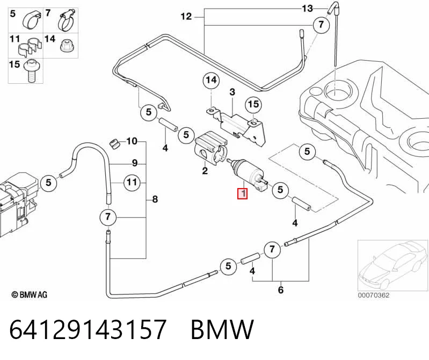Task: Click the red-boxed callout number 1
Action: point(243,194)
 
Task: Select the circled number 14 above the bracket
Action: point(211,81)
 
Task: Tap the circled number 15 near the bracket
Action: point(253,105)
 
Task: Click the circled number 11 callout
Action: point(132,182)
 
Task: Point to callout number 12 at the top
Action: point(186,17)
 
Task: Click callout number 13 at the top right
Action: point(307,9)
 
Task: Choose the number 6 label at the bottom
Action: point(281,290)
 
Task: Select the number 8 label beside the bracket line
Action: point(155,199)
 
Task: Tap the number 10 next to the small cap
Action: point(132,141)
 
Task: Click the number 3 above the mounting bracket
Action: point(232,92)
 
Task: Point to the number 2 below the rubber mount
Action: point(205,171)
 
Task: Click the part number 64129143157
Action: point(88,329)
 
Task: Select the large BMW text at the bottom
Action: point(222,329)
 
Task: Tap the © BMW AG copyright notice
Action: point(30,294)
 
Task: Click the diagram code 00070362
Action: point(374,295)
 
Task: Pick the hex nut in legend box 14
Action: point(66,46)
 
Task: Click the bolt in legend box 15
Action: point(32,71)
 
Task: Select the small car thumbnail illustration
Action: point(392,265)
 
